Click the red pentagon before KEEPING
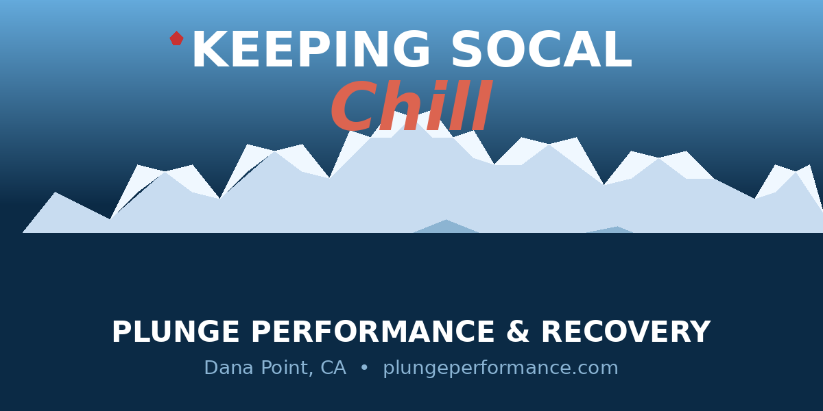pos(176,38)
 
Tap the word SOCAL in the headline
pos(540,51)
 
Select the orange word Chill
pos(411,109)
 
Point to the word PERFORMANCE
pos(370,333)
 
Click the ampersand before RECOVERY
pos(517,333)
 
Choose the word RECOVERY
pos(625,333)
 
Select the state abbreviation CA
pos(333,369)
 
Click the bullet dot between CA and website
pos(364,369)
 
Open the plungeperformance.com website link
pos(500,369)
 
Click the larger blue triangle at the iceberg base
pos(446,227)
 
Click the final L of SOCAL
pos(617,51)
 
